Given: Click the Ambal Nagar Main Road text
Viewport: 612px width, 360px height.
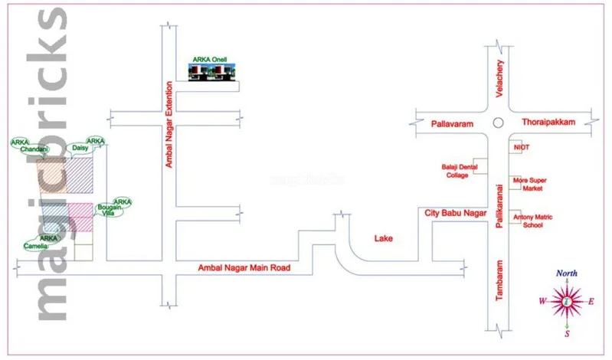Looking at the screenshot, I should coord(245,268).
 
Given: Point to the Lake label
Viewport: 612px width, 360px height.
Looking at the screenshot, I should coord(383,239).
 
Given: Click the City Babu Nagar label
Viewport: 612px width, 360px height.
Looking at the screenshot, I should coord(456,214).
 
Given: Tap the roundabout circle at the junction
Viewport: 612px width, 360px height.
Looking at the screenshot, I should coord(498,122).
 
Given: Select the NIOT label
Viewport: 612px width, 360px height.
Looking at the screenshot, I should coord(522,146).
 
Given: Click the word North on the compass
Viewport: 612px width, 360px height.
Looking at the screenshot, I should coord(567,273).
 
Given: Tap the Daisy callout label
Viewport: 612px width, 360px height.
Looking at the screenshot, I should coord(80,147).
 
